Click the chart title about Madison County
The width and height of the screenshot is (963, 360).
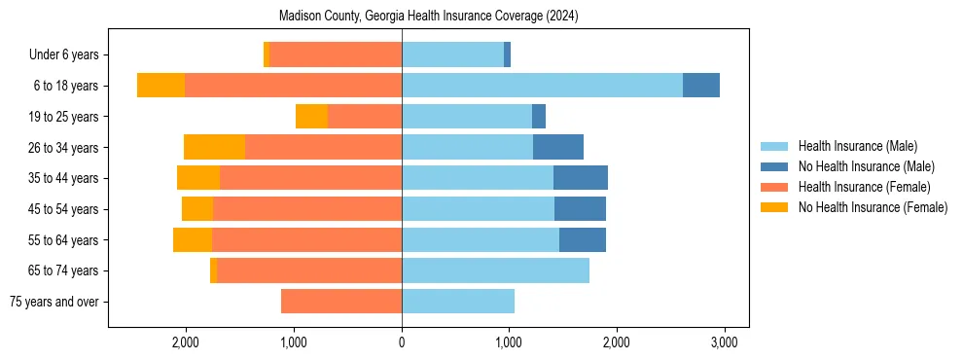428,17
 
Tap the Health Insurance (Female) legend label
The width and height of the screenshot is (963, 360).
864,187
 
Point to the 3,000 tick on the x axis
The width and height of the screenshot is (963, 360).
723,342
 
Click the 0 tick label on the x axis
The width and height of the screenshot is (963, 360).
402,342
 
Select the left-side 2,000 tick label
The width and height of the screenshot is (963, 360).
186,342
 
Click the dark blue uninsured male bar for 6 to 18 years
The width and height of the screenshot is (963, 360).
701,86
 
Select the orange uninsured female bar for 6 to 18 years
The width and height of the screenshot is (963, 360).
160,86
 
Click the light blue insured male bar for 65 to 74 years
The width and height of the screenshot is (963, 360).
495,270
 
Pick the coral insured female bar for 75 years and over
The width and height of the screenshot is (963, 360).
341,302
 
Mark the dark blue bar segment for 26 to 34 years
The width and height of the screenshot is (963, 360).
558,148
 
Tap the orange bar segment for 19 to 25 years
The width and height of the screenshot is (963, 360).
311,117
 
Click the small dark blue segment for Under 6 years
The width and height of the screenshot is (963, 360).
508,55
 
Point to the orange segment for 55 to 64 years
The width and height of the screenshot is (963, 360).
193,240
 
